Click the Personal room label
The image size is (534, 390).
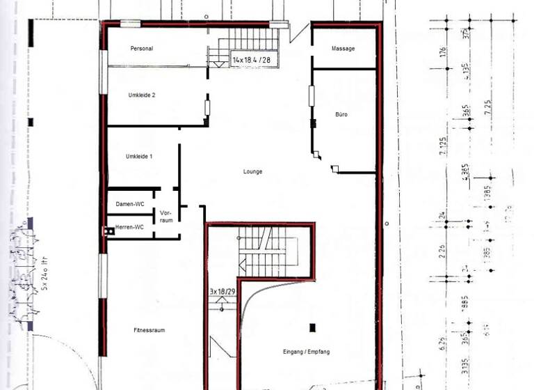(142, 49)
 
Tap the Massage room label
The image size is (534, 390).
(343, 49)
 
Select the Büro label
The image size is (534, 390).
(341, 114)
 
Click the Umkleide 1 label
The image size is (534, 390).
(139, 157)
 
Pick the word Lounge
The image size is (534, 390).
(252, 171)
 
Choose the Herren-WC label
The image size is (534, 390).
(129, 227)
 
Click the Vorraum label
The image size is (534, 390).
(165, 216)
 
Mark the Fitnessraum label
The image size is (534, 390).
(149, 330)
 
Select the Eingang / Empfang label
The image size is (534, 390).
(306, 352)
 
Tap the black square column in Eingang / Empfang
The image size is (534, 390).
(312, 327)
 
